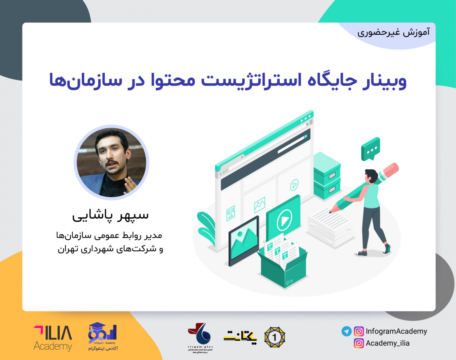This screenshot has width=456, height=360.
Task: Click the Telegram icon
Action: pyautogui.click(x=346, y=331)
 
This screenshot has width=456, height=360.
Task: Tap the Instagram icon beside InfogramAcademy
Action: pyautogui.click(x=358, y=331)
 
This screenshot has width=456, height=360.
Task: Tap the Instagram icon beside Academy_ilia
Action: pyautogui.click(x=358, y=343)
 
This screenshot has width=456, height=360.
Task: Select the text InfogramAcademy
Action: pyautogui.click(x=396, y=331)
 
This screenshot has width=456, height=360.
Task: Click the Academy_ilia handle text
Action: pyautogui.click(x=388, y=343)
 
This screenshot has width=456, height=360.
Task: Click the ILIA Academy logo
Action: pyautogui.click(x=52, y=338)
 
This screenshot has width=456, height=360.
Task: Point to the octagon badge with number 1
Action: pyautogui.click(x=275, y=336)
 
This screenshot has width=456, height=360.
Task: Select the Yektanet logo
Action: pyautogui.click(x=240, y=336)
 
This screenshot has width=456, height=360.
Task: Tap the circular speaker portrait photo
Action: pyautogui.click(x=111, y=162)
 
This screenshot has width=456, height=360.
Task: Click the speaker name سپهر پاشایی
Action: pyautogui.click(x=111, y=215)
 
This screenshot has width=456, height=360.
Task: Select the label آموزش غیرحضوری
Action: pyautogui.click(x=394, y=32)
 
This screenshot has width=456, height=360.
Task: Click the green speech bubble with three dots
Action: pyautogui.click(x=370, y=148)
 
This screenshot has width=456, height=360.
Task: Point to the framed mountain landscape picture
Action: pyautogui.click(x=244, y=240)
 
